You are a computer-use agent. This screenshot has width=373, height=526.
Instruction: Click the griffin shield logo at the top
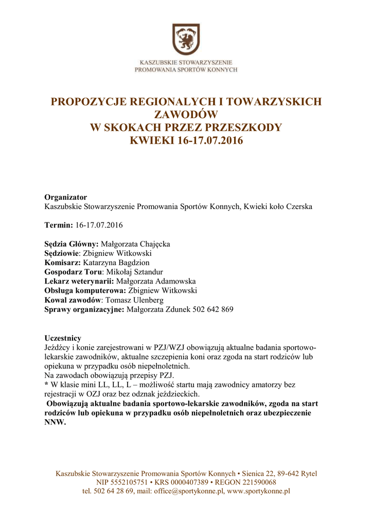(x=186, y=39)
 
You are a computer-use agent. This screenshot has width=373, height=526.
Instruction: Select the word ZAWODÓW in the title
(x=186, y=115)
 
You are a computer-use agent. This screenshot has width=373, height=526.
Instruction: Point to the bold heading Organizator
(x=65, y=197)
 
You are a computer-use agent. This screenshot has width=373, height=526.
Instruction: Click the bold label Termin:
(x=59, y=226)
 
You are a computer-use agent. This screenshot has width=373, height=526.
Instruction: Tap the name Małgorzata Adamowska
(x=156, y=281)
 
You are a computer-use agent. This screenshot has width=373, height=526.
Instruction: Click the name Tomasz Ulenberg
(x=134, y=299)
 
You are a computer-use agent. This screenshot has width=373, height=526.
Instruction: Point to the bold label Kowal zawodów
(x=73, y=299)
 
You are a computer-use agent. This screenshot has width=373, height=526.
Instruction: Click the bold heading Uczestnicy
(x=63, y=338)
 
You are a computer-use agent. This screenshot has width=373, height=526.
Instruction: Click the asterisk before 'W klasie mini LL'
(x=46, y=384)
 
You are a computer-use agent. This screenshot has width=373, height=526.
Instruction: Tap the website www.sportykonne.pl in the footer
(x=258, y=491)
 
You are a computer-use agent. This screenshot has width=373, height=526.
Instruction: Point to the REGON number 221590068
(x=255, y=482)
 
